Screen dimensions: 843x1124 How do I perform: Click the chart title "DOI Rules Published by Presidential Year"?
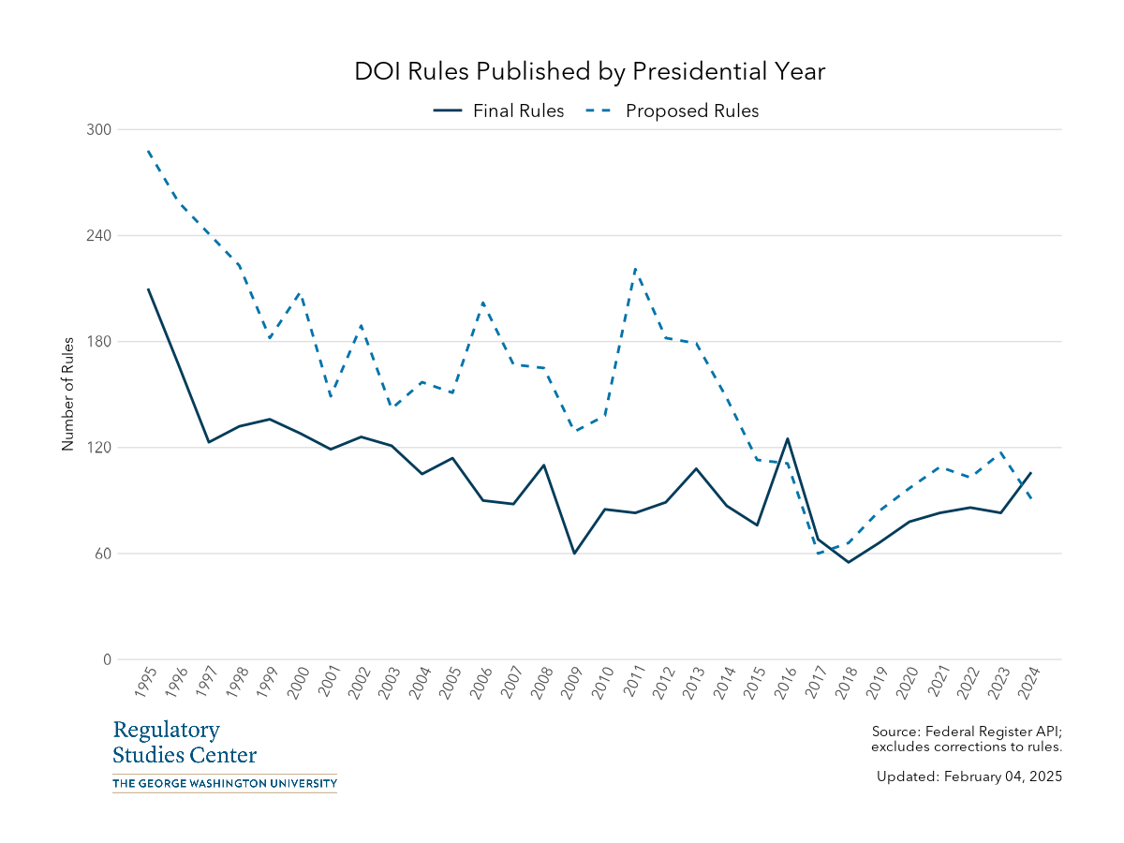(x=589, y=72)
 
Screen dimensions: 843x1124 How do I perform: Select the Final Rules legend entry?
(x=499, y=111)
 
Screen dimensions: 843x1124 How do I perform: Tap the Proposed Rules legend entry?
(x=672, y=111)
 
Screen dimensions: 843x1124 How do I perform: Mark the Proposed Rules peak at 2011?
(x=635, y=269)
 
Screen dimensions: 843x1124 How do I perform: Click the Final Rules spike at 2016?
(x=788, y=438)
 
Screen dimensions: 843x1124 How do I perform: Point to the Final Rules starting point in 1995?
(x=148, y=288)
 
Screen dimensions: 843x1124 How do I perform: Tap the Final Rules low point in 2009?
(x=574, y=553)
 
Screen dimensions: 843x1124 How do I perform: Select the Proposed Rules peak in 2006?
(x=483, y=303)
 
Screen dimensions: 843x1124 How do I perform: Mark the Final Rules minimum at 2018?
(x=848, y=562)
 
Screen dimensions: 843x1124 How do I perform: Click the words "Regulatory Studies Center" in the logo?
(x=185, y=743)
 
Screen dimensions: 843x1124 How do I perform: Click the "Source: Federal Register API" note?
(x=966, y=731)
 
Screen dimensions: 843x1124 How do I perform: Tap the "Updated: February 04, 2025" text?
(x=969, y=776)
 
